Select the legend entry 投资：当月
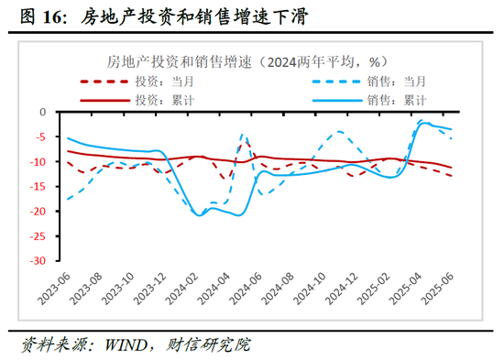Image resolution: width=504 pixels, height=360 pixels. [168, 81]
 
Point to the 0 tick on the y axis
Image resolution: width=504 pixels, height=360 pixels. [42, 112]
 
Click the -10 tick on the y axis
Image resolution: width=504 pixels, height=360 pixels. [38, 161]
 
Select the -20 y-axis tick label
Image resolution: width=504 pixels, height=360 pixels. [38, 211]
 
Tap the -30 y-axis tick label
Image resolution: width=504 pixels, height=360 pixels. [38, 260]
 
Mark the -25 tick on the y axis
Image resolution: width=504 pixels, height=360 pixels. [38, 235]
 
